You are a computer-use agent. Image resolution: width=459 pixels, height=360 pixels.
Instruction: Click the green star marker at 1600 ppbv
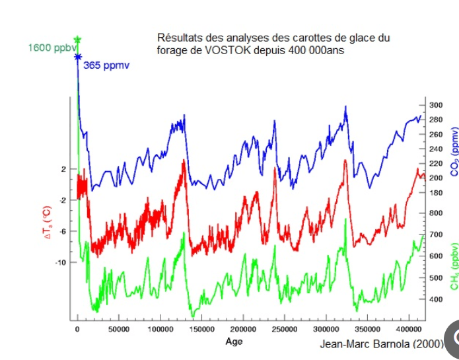(x=77, y=40)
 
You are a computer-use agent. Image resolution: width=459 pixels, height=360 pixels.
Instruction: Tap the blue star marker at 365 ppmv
(x=77, y=57)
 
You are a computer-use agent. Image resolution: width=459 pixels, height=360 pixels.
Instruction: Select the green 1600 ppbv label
(x=50, y=48)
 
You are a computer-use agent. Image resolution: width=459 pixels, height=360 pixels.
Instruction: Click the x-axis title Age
(x=234, y=342)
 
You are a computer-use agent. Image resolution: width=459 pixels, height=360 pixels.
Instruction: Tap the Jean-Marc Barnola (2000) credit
(x=382, y=344)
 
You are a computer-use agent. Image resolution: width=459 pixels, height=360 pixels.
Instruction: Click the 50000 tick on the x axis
(x=118, y=329)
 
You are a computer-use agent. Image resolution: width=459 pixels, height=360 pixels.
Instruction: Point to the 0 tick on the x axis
(x=77, y=329)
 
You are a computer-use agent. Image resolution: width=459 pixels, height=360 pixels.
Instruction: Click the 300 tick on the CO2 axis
(x=436, y=106)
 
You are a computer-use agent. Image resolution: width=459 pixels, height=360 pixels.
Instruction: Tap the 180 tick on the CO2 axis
(x=436, y=193)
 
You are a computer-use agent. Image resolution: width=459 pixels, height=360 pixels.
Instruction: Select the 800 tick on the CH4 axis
(x=436, y=213)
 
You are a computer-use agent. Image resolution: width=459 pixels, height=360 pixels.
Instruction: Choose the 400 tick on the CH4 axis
(x=436, y=299)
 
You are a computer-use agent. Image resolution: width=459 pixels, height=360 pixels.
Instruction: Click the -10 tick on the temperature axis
(x=61, y=263)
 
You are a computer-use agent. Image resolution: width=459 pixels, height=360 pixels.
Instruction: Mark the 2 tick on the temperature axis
(x=64, y=170)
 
